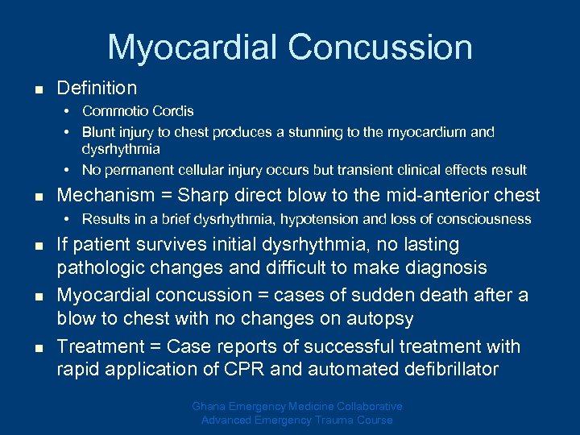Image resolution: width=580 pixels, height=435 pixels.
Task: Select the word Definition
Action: click(97, 88)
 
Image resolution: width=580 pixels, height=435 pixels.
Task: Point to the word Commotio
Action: click(113, 111)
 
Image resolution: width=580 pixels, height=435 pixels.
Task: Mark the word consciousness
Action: click(487, 219)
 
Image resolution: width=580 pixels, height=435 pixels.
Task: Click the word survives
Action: click(187, 244)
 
